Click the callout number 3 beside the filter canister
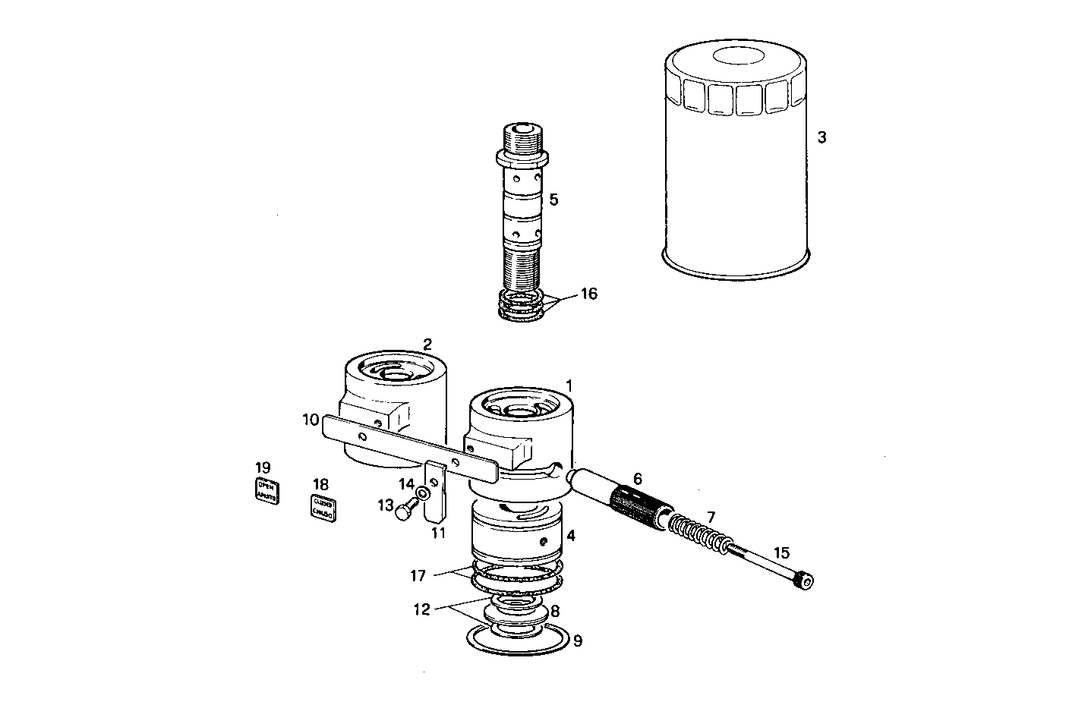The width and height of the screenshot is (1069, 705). click(821, 138)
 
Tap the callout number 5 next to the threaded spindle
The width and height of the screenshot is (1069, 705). click(553, 200)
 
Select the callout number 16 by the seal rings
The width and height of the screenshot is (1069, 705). click(588, 294)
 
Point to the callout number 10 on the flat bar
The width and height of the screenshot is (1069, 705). click(310, 419)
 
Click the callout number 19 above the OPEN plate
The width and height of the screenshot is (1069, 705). click(262, 467)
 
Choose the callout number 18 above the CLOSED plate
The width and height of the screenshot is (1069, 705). click(320, 484)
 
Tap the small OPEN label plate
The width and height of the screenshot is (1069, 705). click(266, 491)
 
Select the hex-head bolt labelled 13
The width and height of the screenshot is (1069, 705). click(405, 511)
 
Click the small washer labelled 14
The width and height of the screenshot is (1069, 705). click(423, 493)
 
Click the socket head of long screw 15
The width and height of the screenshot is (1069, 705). click(804, 583)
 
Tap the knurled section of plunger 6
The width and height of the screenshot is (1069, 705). click(639, 505)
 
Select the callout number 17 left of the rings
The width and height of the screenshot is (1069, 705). click(418, 575)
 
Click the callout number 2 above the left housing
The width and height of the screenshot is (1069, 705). click(427, 344)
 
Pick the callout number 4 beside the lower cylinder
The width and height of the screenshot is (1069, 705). click(570, 535)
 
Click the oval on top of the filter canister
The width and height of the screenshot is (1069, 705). click(736, 58)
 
